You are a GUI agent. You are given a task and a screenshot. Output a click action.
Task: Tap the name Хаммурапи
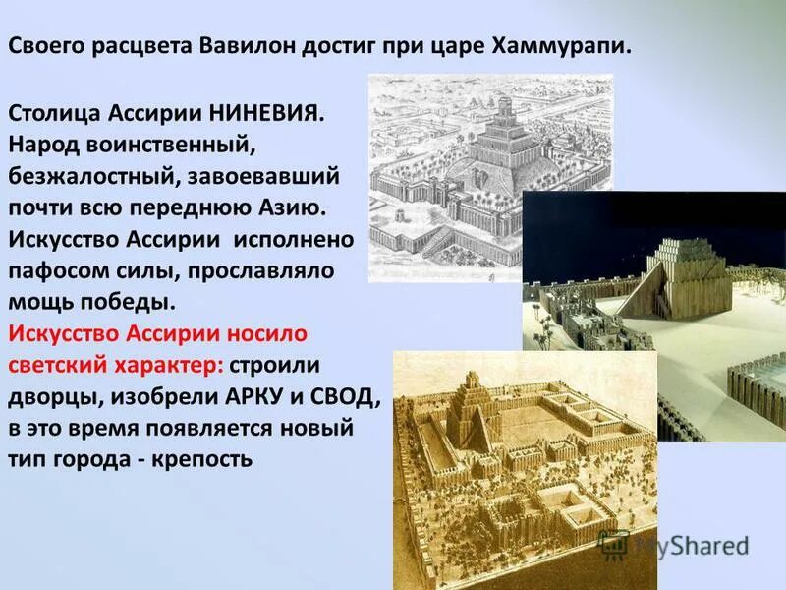[569, 46]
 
